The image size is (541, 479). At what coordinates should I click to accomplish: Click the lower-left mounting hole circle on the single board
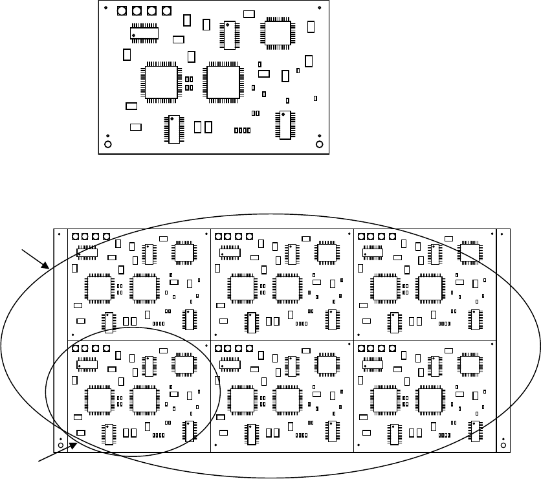click(x=108, y=144)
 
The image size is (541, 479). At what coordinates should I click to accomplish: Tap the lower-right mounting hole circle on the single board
click(x=318, y=144)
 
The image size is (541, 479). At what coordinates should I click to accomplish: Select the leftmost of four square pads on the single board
click(x=122, y=11)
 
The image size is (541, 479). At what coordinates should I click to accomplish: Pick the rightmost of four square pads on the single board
click(x=167, y=11)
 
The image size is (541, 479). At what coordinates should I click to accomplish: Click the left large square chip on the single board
click(x=161, y=82)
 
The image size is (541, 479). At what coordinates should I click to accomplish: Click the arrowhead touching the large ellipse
click(x=48, y=265)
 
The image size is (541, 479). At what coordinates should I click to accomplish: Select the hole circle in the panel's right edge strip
click(x=503, y=445)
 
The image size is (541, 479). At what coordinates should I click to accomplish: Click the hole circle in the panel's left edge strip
click(x=60, y=445)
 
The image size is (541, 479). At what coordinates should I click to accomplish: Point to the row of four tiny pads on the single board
click(x=242, y=130)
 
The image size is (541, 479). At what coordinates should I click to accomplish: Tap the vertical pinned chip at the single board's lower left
click(x=173, y=129)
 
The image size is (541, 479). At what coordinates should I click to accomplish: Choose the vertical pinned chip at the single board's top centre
click(x=228, y=35)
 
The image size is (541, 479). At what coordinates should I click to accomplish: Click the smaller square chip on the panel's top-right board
click(x=470, y=252)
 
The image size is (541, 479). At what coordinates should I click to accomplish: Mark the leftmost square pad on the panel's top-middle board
click(x=218, y=236)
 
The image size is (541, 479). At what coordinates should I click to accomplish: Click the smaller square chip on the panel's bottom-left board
click(x=184, y=365)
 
